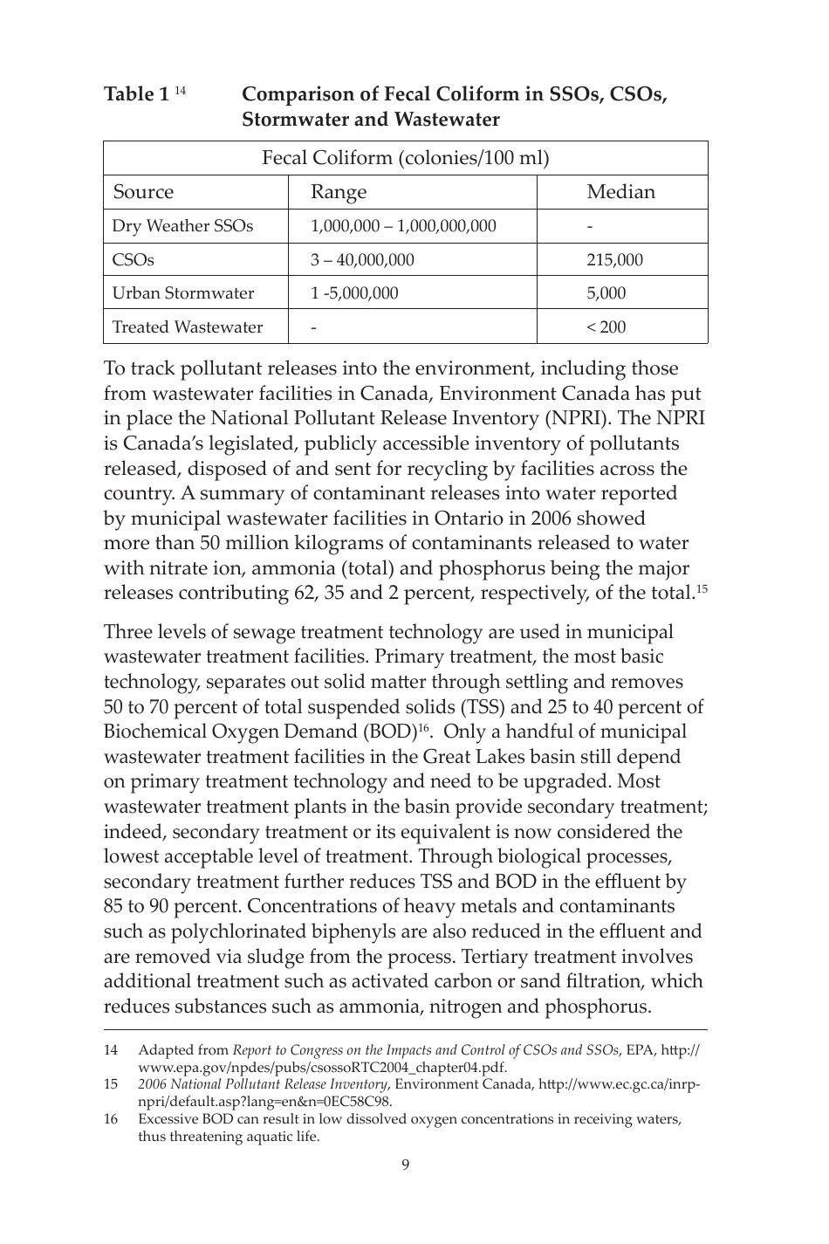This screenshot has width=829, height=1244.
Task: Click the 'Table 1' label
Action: [136, 94]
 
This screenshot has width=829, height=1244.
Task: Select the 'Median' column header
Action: [620, 192]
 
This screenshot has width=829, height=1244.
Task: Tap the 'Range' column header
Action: [339, 192]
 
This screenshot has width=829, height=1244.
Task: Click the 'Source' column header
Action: [143, 192]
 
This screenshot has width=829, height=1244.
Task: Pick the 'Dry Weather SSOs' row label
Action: [182, 226]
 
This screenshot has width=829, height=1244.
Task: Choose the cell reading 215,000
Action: [614, 260]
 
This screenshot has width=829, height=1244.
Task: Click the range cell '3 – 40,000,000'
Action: [362, 260]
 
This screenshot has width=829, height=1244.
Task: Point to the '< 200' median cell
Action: [606, 327]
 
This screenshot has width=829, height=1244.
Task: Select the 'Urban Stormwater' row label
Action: [183, 293]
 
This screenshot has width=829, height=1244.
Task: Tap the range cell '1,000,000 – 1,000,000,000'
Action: [403, 226]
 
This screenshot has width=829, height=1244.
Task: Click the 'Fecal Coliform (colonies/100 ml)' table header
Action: [406, 158]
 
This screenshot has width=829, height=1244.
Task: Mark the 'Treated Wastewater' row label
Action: [188, 327]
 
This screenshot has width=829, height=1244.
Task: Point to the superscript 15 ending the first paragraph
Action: [701, 589]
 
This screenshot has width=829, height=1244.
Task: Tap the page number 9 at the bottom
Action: [406, 1165]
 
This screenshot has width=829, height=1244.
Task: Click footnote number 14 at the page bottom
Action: [111, 1050]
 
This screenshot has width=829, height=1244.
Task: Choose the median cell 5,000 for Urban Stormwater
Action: [606, 293]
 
